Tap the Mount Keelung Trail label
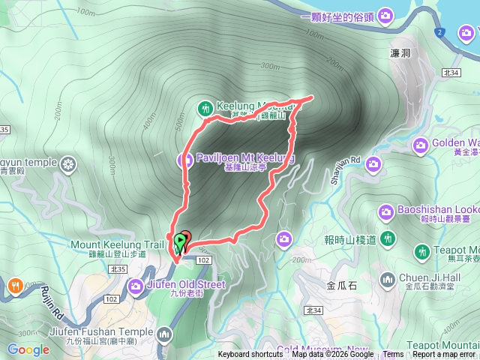click(116, 244)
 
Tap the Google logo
click(28, 349)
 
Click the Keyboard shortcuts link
click(251, 355)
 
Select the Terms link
click(393, 355)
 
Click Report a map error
click(444, 355)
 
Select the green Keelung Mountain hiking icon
click(205, 107)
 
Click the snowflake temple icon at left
click(69, 163)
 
